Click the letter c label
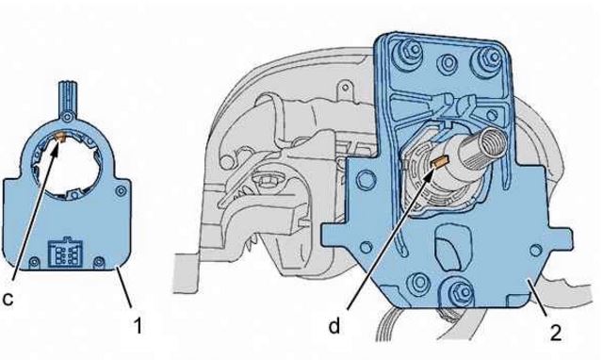coord(8,299)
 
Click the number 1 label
coord(138,326)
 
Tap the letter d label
coord(334,326)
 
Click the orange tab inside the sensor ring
coord(60,136)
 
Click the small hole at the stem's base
coord(68,116)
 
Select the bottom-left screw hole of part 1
coord(34,262)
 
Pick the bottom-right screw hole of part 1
coord(99,262)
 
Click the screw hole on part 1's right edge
coord(122,190)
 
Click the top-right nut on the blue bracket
coord(489,57)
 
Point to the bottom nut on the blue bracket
coord(459,292)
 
